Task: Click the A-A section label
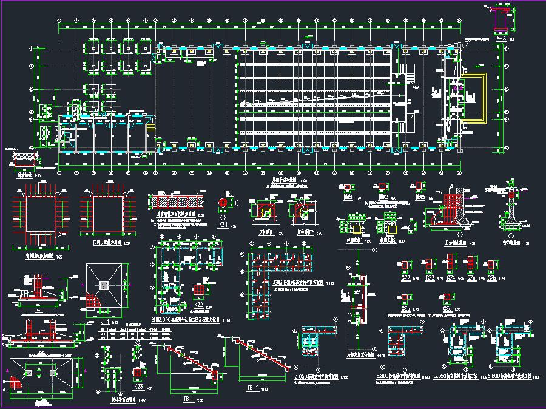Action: point(500,38)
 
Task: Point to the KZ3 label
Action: point(138,386)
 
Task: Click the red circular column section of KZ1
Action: point(223,203)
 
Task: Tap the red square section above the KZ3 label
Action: point(138,372)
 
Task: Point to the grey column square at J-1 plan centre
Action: point(105,285)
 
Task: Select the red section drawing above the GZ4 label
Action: point(450,264)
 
